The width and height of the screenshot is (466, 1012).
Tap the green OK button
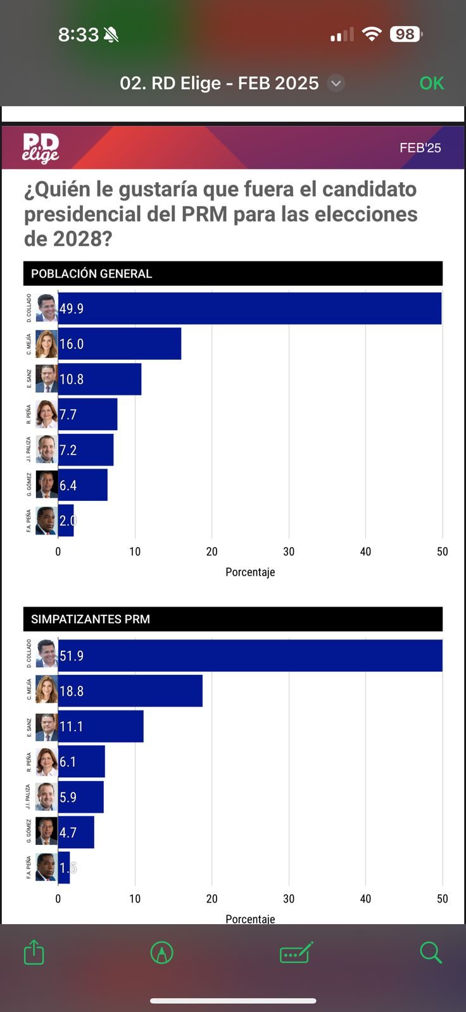432,83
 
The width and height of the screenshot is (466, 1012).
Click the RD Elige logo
41,148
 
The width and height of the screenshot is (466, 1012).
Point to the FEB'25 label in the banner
420,148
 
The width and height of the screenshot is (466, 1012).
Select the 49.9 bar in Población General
249,309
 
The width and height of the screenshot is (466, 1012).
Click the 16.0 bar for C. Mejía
119,344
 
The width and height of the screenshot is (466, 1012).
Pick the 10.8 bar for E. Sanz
99,379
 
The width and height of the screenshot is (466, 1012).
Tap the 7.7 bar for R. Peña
87,415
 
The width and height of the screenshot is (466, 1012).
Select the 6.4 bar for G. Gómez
82,486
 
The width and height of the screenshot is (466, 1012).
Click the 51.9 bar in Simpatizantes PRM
249,656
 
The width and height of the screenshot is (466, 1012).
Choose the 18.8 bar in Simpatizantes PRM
130,691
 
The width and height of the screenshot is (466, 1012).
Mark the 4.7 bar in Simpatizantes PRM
76,833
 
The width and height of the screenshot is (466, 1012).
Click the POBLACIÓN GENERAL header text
92,274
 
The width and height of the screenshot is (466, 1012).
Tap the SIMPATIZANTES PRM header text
91,619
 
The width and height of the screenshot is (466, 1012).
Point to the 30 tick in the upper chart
289,552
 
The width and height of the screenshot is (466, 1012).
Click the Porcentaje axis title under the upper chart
250,572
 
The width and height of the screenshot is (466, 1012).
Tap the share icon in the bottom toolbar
34,953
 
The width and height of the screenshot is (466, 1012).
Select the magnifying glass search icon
431,953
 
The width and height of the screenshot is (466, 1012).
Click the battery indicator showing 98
406,34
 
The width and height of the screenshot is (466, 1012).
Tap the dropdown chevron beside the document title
336,83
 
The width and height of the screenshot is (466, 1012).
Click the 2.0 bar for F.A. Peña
66,521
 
